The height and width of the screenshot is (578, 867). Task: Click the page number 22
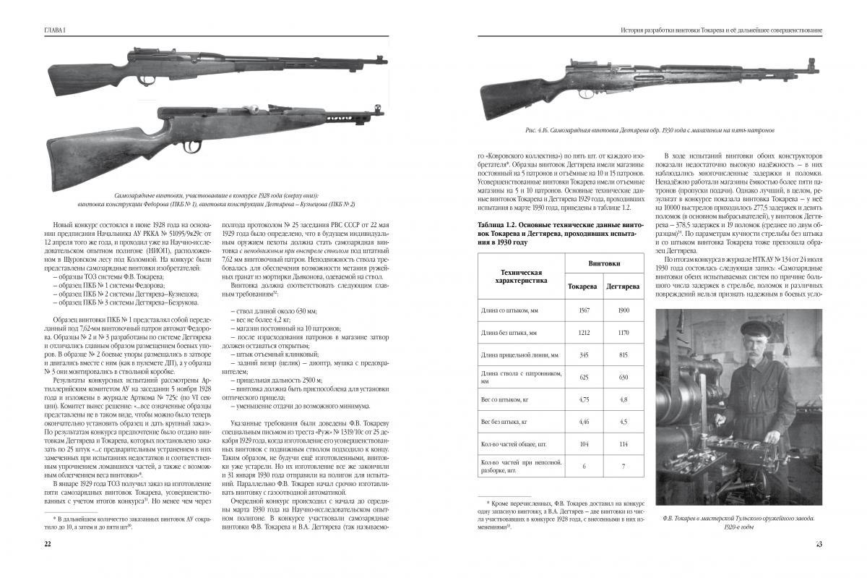(x=47, y=544)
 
